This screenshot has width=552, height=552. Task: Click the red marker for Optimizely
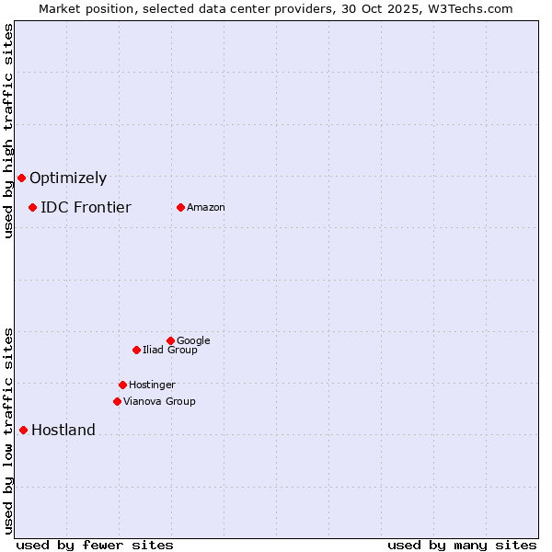coord(21,178)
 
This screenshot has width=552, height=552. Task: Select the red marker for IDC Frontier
coord(32,207)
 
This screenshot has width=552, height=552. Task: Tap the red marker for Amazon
coord(180,207)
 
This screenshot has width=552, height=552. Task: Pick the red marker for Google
coord(170,340)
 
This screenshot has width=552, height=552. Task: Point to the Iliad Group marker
coord(136,350)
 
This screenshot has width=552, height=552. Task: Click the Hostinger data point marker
coord(122,385)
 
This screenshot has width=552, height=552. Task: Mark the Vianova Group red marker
coord(117,401)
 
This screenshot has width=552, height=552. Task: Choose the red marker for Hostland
coord(23,430)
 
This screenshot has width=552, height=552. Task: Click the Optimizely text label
coord(68,178)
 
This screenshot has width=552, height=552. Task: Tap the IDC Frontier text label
coord(86,208)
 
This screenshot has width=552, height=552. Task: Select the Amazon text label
coord(206,208)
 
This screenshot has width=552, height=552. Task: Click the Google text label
coord(193,340)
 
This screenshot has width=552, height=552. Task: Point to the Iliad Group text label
coord(170,350)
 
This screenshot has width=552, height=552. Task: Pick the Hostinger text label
coord(152,385)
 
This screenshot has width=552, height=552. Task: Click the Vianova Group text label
coord(159,401)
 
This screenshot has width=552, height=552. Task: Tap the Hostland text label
coord(63,431)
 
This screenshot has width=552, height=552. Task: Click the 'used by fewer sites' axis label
coord(95,546)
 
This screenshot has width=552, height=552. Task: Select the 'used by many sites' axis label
coord(462,546)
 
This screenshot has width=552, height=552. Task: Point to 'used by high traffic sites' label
coord(8,131)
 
